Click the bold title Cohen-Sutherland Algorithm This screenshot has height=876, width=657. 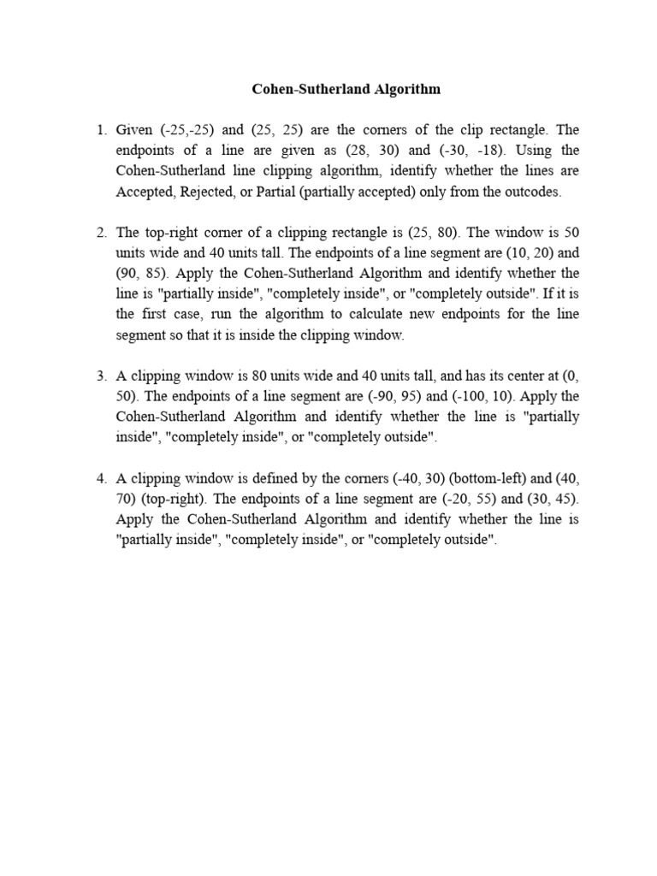pos(346,89)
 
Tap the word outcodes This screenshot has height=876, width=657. pos(534,192)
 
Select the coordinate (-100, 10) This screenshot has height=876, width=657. pos(480,397)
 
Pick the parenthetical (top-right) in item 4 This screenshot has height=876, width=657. pos(180,500)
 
